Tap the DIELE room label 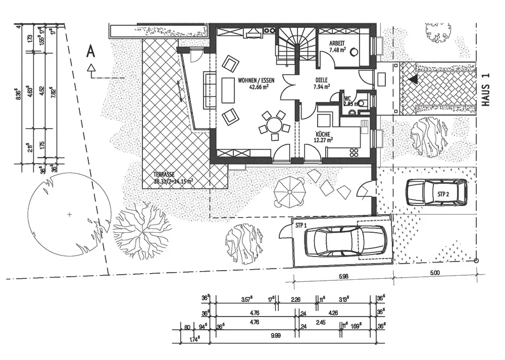(321, 80)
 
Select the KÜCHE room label (322, 134)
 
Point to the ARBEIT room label (337, 43)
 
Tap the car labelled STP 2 (437, 192)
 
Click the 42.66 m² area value (259, 87)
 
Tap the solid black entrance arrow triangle (414, 79)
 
